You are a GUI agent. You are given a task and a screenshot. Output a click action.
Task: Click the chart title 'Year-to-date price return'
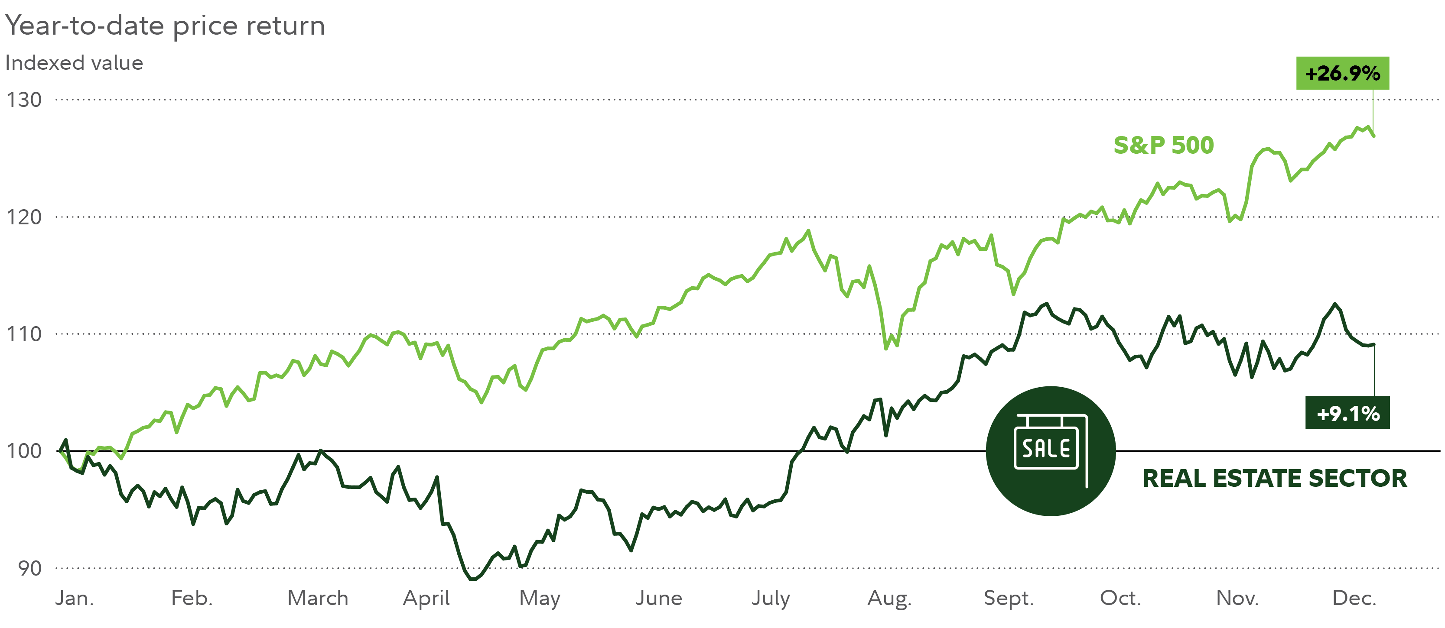165,26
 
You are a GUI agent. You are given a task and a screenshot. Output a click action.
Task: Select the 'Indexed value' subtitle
74,63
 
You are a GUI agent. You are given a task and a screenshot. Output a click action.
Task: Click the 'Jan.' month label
75,598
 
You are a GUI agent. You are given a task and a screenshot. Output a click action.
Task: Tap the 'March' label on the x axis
318,598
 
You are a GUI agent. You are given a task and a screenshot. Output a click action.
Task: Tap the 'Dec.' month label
1354,598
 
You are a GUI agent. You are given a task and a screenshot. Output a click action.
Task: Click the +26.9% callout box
1342,73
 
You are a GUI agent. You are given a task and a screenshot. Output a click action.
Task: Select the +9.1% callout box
1347,413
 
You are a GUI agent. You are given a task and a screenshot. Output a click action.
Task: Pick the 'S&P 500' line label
1163,145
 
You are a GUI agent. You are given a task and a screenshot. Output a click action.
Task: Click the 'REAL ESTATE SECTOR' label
1275,478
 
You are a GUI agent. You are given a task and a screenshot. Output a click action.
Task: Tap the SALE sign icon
1050,451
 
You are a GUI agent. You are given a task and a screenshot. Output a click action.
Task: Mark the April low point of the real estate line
472,579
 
